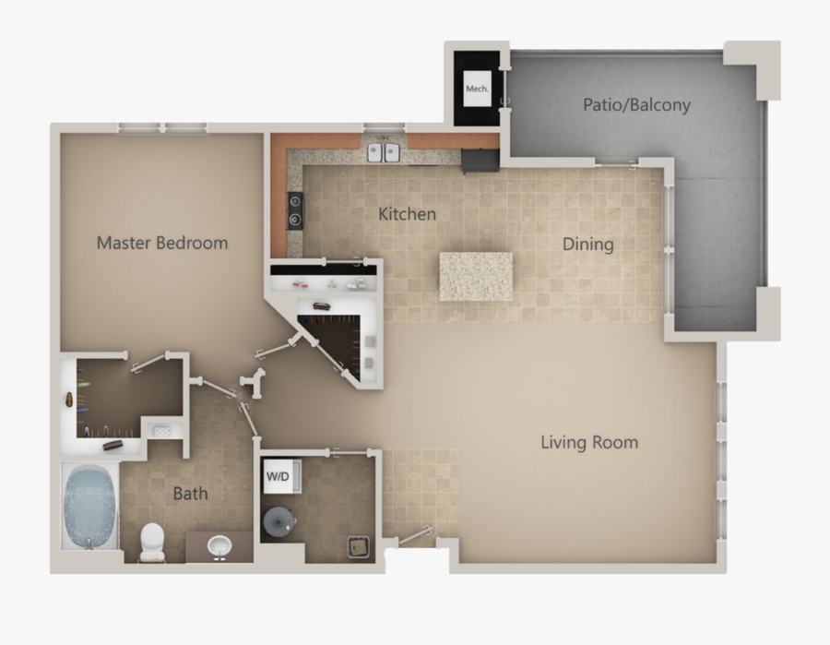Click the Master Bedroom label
click(162, 244)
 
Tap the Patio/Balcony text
click(636, 105)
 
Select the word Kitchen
click(407, 214)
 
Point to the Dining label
click(588, 245)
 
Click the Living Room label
click(588, 443)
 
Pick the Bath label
click(190, 494)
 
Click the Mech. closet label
click(477, 89)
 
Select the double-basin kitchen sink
click(383, 151)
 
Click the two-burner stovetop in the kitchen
click(295, 209)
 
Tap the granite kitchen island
click(476, 276)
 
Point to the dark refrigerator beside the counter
click(480, 161)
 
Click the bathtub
click(90, 506)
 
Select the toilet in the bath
click(151, 542)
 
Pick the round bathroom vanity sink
click(219, 546)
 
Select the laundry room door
click(349, 453)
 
